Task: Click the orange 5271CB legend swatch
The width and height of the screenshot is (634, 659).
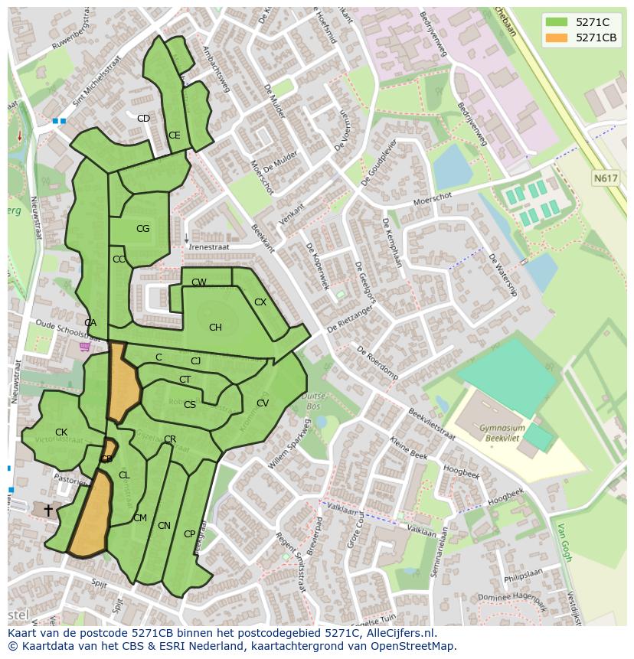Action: (557, 38)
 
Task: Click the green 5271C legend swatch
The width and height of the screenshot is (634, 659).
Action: (557, 22)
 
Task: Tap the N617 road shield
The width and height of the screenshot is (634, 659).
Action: (605, 178)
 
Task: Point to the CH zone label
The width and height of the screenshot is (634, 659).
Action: (215, 328)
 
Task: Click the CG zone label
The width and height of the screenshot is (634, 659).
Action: (142, 229)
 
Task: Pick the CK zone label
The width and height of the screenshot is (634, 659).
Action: (61, 432)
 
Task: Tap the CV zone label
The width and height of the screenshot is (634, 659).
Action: (263, 403)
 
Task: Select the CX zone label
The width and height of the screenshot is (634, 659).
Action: (260, 302)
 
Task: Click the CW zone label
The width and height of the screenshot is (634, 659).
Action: (199, 282)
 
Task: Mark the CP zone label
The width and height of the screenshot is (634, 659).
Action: (189, 534)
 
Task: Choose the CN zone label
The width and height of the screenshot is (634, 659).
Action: (164, 526)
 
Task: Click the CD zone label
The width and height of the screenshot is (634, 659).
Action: (143, 119)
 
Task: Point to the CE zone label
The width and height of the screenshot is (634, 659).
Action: (175, 135)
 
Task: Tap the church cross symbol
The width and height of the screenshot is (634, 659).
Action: (48, 509)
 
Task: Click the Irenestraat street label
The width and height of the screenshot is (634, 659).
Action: (209, 247)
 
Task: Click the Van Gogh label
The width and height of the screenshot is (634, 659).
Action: (564, 542)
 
